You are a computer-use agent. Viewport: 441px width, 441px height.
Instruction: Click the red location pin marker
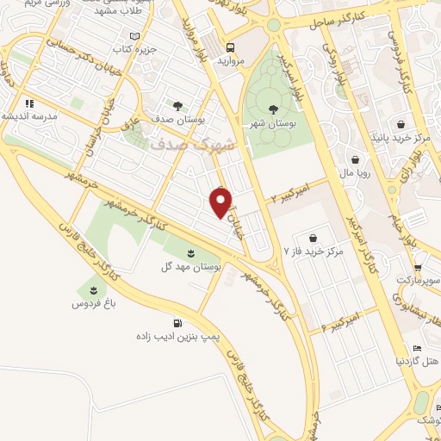point(221,203)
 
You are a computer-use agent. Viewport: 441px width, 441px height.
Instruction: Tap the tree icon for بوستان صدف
point(177,106)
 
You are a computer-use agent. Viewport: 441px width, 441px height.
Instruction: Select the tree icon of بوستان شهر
point(273,109)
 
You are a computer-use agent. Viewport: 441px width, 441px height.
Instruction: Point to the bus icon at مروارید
point(230,49)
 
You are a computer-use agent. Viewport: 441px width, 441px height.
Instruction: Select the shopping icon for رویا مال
point(356,158)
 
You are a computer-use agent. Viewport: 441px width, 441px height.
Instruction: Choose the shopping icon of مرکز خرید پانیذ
point(400,123)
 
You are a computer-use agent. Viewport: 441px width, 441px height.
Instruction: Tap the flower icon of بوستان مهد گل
point(190,252)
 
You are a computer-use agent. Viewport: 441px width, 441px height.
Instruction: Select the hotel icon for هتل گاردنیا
point(417,348)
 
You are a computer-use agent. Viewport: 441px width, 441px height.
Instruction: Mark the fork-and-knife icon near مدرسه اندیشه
point(28,102)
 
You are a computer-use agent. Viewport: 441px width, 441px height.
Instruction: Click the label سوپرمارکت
point(418,281)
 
